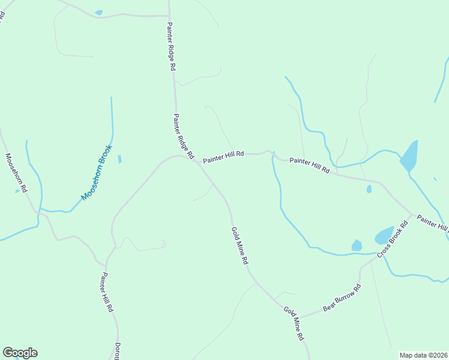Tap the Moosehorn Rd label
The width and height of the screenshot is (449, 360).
(16, 173)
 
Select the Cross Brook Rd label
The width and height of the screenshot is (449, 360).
(393, 240)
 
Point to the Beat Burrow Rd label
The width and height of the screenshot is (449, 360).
(342, 298)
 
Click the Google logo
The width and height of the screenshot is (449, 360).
(20, 353)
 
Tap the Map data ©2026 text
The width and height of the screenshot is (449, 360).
(423, 355)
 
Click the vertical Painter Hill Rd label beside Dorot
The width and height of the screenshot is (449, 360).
(107, 292)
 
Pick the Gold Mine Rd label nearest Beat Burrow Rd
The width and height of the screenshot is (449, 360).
(294, 323)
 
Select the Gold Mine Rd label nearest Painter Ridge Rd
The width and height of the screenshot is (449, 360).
(240, 246)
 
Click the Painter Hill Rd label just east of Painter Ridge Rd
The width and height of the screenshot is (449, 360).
(223, 157)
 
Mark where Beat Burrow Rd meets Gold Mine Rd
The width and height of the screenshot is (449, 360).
(300, 316)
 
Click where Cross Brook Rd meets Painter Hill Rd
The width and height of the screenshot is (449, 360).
(412, 214)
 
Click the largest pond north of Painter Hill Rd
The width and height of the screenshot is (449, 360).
(409, 156)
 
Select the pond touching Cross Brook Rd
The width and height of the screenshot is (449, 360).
(384, 235)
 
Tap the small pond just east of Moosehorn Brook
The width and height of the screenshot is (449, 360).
(119, 159)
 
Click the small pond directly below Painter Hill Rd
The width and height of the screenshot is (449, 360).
(369, 189)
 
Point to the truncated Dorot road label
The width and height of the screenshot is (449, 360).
(118, 351)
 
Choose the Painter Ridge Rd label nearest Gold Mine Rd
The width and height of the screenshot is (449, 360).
(182, 136)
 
